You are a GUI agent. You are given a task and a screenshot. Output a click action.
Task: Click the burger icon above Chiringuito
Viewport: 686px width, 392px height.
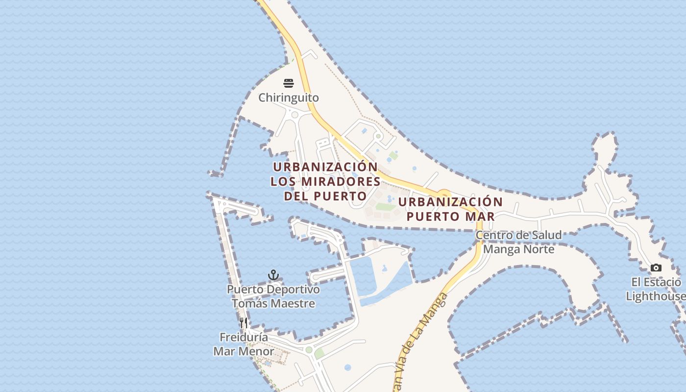point(289,83)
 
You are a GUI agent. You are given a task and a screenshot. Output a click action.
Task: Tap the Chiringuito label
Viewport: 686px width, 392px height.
point(289,98)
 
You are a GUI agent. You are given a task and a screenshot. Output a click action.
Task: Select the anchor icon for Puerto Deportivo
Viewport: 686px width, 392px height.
point(273,275)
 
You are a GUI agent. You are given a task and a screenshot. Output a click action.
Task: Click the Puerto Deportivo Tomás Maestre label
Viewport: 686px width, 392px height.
point(273,296)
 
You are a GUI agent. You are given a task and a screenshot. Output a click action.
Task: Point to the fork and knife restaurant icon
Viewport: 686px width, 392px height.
point(244,323)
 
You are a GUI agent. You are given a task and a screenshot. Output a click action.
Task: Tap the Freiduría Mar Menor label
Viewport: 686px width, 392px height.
point(244,344)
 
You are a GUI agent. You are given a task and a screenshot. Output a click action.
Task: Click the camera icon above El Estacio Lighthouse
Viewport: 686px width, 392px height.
point(656,268)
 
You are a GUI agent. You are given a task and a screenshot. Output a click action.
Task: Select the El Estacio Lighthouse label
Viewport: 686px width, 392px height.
point(656,289)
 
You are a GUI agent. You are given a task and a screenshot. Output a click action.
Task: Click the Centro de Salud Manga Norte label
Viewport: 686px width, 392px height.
point(518,242)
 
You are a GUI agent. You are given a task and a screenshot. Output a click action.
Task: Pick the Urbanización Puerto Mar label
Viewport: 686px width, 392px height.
point(450,209)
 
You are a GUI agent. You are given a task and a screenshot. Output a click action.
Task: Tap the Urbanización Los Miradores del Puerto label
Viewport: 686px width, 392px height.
point(325,181)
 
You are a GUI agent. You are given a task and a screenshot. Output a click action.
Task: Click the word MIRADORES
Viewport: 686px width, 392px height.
point(340,181)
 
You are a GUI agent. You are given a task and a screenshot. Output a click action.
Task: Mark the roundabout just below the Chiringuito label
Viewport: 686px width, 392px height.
point(294,115)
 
